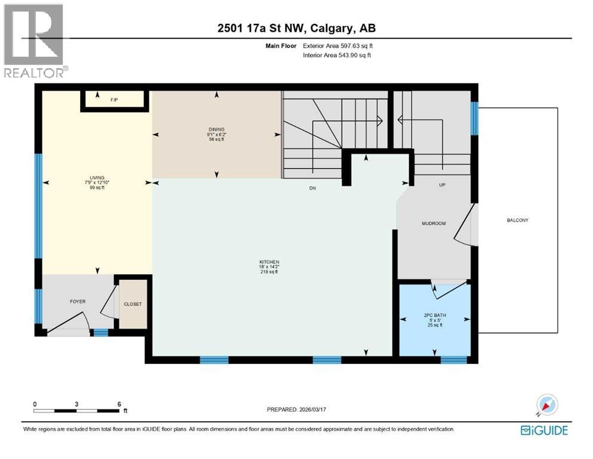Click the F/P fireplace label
(x=114, y=100)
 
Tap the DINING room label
(x=217, y=130)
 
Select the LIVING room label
(x=97, y=178)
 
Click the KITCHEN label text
(x=269, y=262)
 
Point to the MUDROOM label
(x=434, y=224)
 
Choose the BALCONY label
(x=517, y=220)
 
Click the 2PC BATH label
(x=435, y=315)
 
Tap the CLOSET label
(x=133, y=304)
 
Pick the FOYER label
(x=78, y=302)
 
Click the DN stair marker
(x=312, y=188)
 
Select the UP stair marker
(x=442, y=185)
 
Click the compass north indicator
(x=546, y=405)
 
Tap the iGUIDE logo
(x=544, y=431)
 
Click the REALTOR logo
(x=35, y=41)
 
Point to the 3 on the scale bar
(x=76, y=404)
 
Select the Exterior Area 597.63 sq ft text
(x=338, y=46)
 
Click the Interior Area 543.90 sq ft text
(x=337, y=55)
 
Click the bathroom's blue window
(x=454, y=360)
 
